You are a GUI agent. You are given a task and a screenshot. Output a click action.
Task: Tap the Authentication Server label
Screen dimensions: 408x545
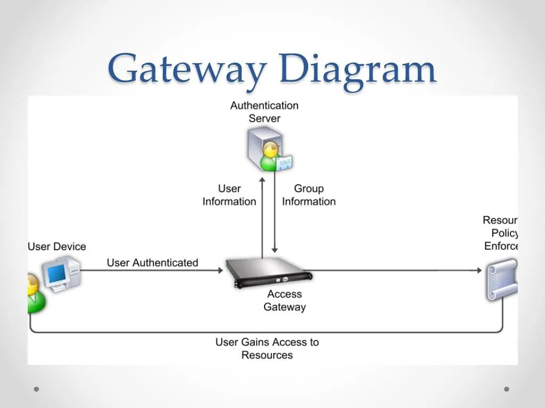click(x=264, y=112)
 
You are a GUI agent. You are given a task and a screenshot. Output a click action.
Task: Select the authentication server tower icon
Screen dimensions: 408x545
click(x=262, y=143)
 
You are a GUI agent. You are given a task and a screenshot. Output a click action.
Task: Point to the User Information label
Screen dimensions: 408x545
click(x=229, y=195)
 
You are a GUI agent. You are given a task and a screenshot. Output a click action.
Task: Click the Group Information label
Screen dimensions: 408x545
click(x=309, y=195)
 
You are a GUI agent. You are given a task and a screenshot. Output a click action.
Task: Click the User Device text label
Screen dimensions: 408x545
click(x=56, y=246)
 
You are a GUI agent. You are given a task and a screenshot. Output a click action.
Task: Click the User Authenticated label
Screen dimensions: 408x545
click(x=152, y=262)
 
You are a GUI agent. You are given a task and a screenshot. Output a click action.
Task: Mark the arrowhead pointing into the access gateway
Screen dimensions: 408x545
click(x=220, y=270)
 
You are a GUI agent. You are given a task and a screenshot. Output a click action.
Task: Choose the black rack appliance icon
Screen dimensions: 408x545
click(x=269, y=271)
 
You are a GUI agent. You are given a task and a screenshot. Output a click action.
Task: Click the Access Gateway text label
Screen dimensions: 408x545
click(x=285, y=301)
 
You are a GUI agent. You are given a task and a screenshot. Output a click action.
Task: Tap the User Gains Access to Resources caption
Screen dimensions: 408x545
click(x=267, y=348)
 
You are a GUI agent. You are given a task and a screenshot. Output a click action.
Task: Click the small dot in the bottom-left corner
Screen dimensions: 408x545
click(x=37, y=389)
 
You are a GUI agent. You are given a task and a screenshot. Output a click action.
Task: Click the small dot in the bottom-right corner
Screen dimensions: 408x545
click(x=507, y=389)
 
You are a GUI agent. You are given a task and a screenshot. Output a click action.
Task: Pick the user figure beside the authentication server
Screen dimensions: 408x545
click(x=270, y=157)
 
